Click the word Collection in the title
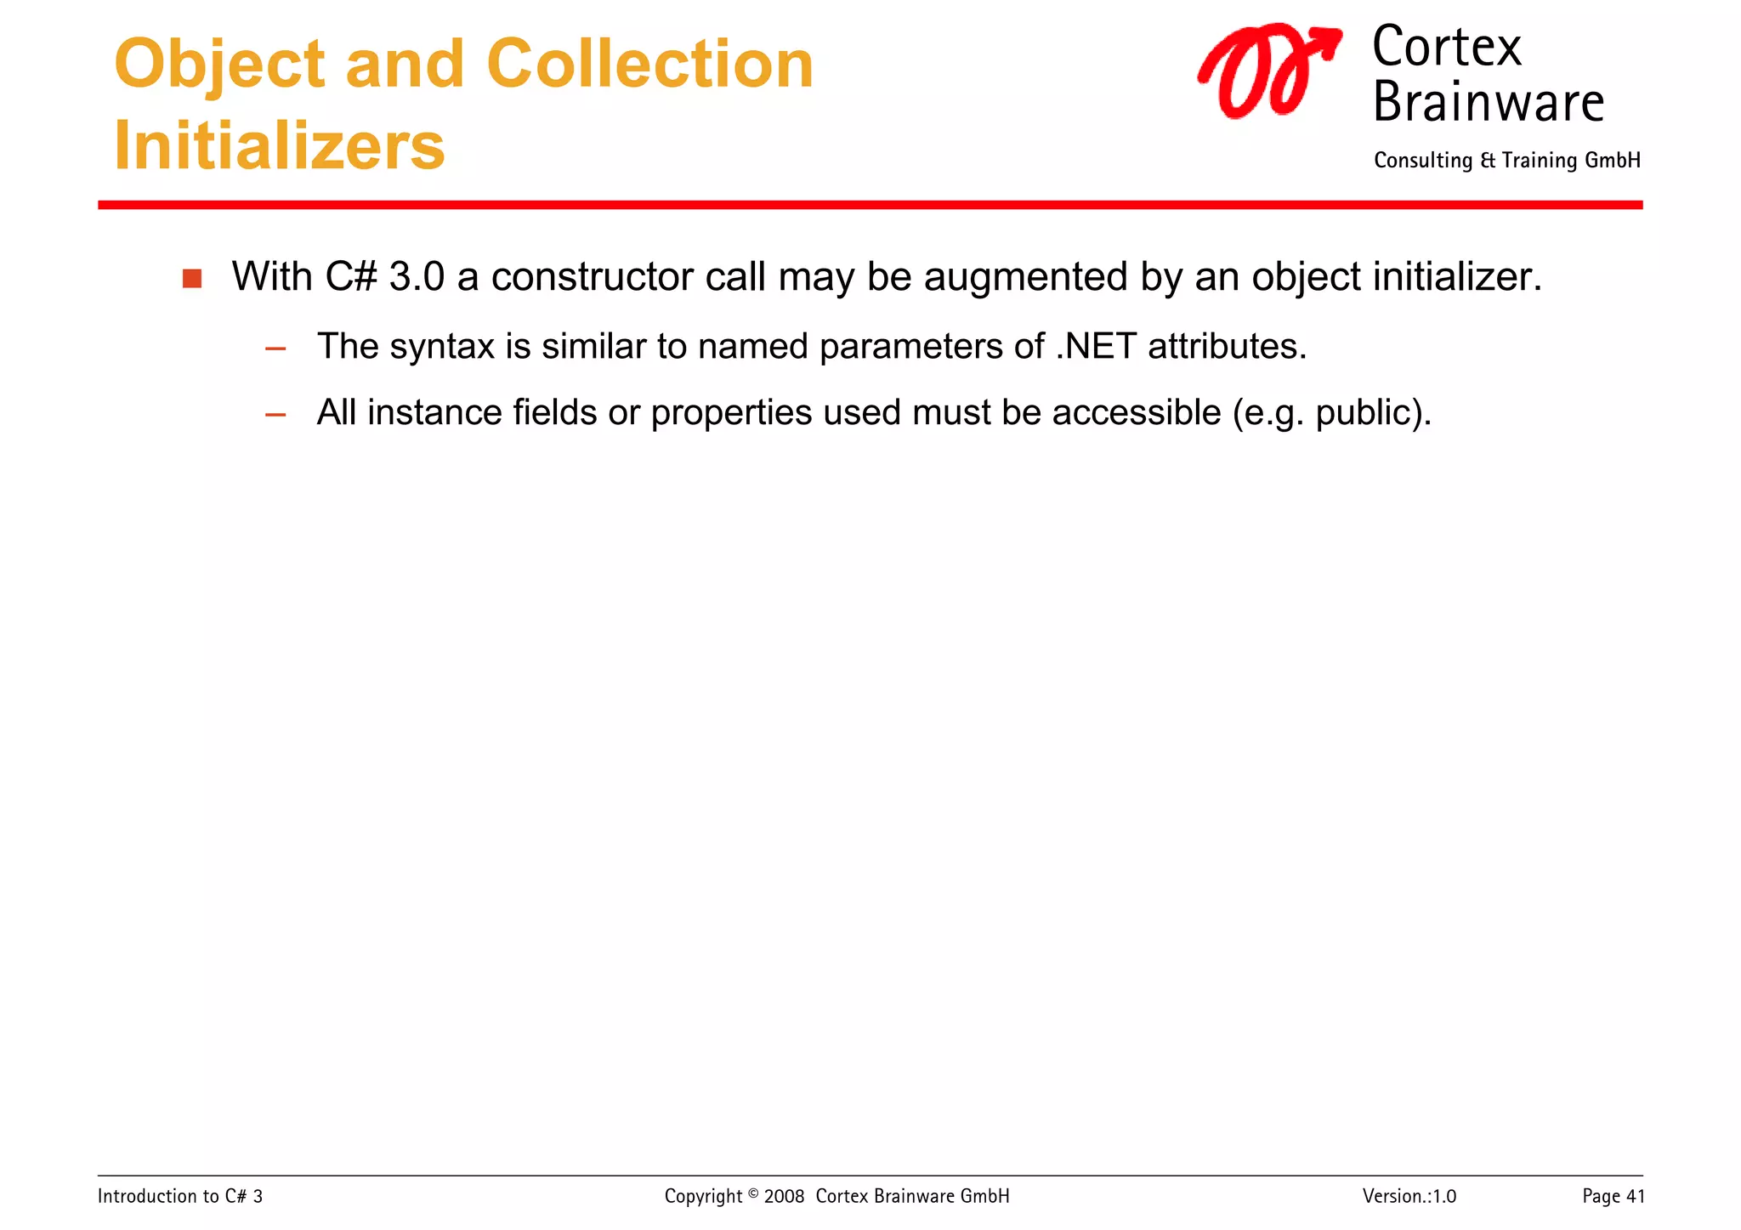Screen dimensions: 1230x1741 coord(649,65)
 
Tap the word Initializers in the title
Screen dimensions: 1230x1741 coord(279,146)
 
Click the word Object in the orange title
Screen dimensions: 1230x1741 coord(219,66)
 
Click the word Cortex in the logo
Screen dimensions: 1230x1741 coord(1446,48)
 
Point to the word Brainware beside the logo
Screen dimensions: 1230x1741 coord(1488,103)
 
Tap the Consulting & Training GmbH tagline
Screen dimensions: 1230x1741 coord(1506,161)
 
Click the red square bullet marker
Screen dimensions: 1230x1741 coord(192,279)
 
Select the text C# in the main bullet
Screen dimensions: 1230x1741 coord(350,277)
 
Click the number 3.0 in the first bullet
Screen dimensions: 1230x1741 coord(417,277)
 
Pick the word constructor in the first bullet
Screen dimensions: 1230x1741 coord(592,277)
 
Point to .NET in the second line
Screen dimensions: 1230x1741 coord(1095,347)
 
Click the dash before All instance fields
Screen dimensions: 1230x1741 coord(275,415)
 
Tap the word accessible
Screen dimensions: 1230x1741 coord(1136,413)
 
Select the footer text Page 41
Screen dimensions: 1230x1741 coord(1613,1197)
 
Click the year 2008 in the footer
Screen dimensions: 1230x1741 coord(784,1197)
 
